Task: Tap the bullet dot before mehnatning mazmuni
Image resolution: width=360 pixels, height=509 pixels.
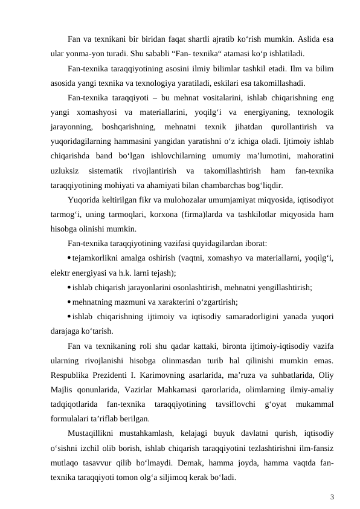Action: click(70, 300)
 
